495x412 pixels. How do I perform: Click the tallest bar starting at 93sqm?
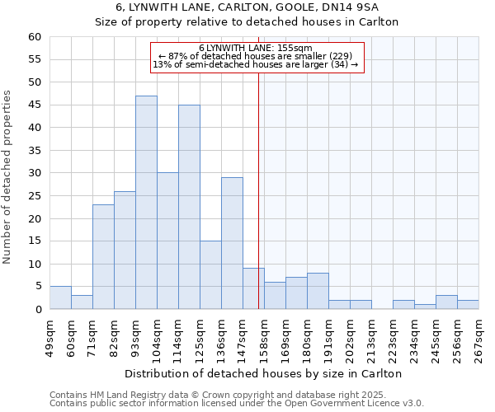(x=146, y=203)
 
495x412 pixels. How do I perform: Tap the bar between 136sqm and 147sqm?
(x=232, y=243)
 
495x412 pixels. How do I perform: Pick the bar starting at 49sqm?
(x=60, y=297)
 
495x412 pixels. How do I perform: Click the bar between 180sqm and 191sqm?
(x=318, y=291)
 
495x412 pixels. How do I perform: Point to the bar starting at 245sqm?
(x=446, y=302)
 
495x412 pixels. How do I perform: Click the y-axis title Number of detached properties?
(x=8, y=177)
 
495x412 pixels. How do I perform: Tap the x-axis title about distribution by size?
(x=264, y=373)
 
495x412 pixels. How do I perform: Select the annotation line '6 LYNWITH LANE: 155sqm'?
(x=256, y=48)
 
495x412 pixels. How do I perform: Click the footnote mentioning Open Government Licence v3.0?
(x=237, y=404)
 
